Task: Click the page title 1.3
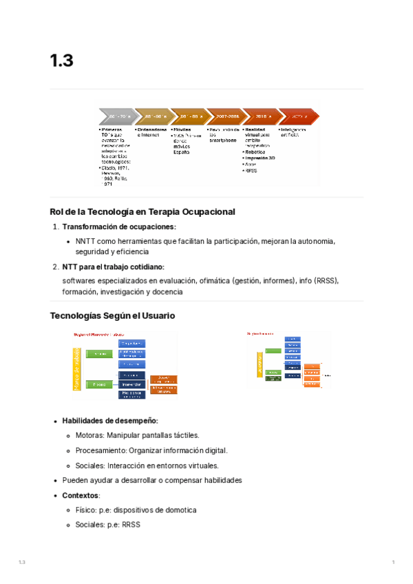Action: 61,61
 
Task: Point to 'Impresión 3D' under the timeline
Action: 260,158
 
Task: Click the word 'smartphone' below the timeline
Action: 223,140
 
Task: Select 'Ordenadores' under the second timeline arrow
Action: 152,129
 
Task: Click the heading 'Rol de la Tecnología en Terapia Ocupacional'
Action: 142,212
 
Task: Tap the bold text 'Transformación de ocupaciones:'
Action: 119,227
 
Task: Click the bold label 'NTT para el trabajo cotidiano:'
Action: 113,267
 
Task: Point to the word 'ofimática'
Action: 214,281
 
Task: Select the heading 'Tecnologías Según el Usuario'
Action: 113,315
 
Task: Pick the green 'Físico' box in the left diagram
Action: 100,384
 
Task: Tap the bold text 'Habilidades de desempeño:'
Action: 110,421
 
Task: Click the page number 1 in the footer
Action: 392,563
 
